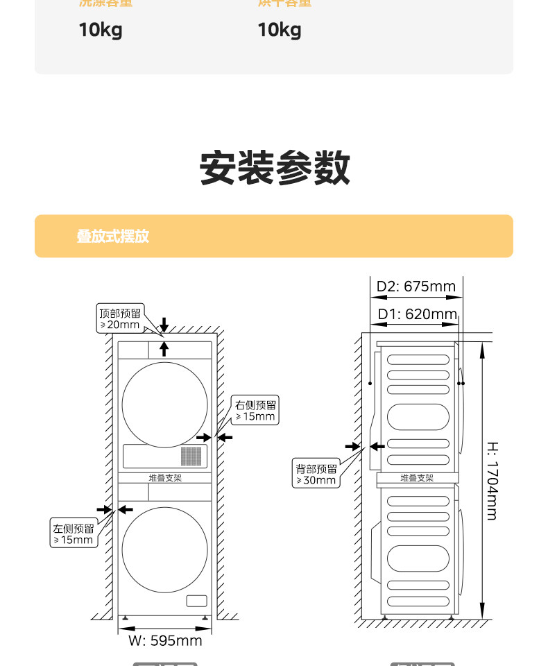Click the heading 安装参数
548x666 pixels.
click(x=275, y=168)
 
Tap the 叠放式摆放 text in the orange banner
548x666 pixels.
click(x=112, y=236)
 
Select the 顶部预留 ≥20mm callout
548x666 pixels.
click(x=120, y=318)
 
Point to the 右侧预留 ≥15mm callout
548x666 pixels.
click(x=256, y=411)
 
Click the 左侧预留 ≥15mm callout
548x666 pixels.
click(x=74, y=534)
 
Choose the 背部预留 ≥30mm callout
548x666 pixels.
click(x=316, y=475)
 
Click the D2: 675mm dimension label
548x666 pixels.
click(x=416, y=287)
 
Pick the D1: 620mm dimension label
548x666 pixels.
click(x=417, y=314)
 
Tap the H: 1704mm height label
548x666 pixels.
click(x=491, y=480)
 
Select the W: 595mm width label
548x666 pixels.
click(x=165, y=640)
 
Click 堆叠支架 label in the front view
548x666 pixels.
click(x=164, y=478)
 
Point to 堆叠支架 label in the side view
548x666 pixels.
click(x=416, y=478)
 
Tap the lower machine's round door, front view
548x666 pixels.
click(x=164, y=549)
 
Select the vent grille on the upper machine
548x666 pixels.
click(x=191, y=456)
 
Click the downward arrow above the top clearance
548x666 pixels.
click(x=164, y=324)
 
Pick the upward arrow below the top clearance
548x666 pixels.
click(x=164, y=348)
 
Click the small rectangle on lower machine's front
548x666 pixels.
click(x=196, y=601)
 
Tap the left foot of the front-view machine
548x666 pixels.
click(x=125, y=617)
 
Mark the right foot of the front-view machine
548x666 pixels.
click(x=205, y=617)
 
